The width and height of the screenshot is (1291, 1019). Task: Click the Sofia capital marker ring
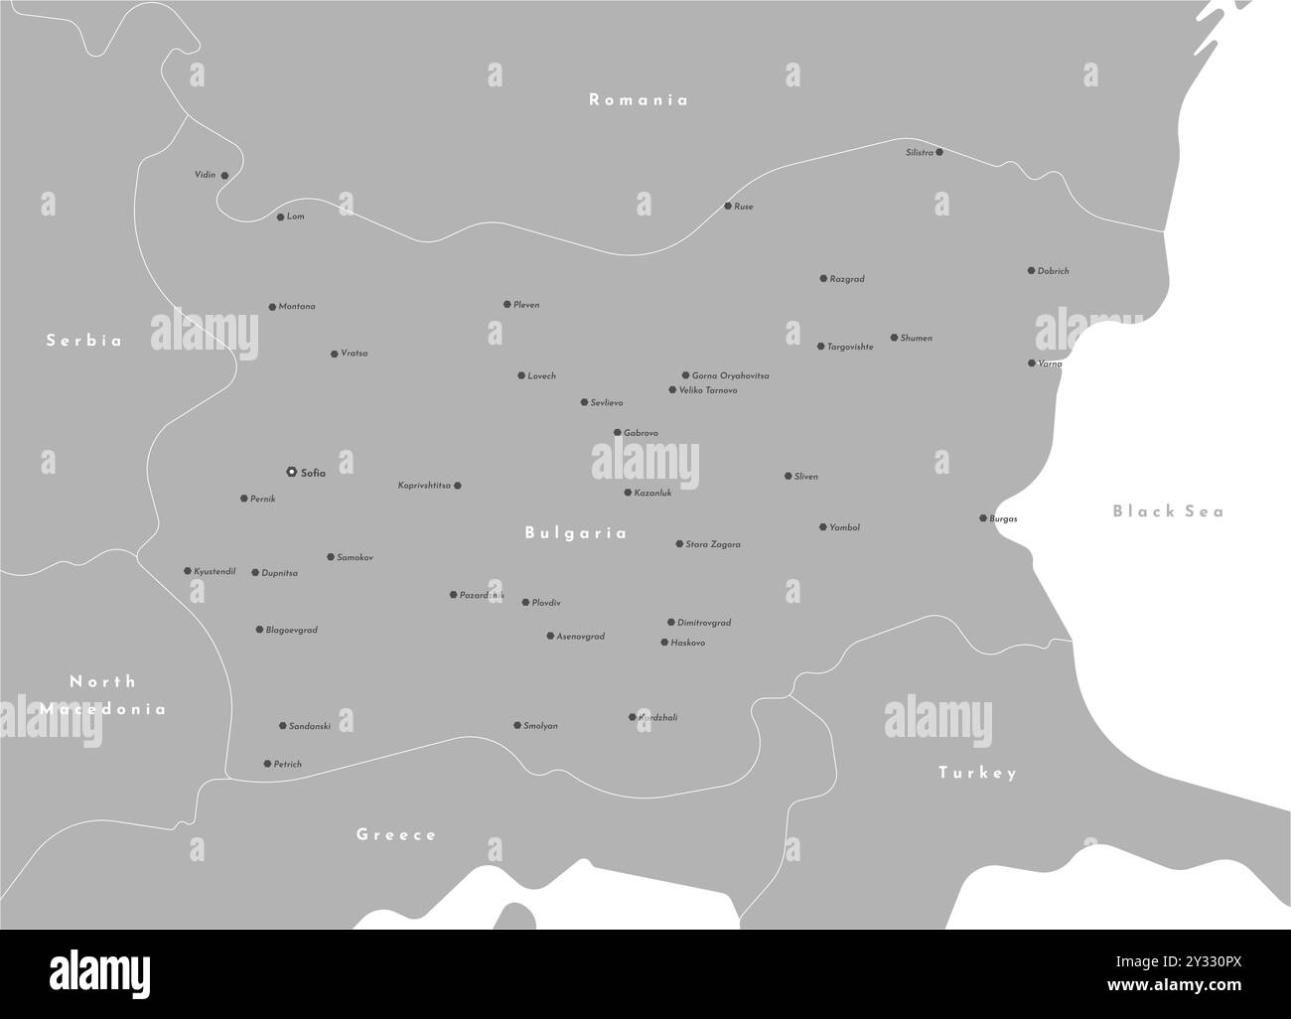(291, 472)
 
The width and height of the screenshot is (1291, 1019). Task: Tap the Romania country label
(639, 99)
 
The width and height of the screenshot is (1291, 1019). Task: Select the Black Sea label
(1168, 511)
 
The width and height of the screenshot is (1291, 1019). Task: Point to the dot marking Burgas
(983, 517)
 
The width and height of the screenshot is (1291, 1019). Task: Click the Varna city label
(1051, 364)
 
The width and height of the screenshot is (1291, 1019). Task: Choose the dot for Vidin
(224, 175)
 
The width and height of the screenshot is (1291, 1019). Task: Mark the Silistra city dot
(939, 152)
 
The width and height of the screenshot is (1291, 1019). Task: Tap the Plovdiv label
(546, 603)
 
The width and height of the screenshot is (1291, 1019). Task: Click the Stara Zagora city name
(713, 544)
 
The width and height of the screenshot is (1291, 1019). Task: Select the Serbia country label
(84, 341)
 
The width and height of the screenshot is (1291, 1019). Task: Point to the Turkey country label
(978, 773)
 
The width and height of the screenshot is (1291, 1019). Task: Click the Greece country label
(396, 834)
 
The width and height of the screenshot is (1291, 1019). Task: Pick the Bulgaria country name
(576, 533)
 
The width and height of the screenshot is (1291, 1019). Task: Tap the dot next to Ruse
(727, 206)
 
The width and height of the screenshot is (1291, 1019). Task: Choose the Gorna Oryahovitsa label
(730, 376)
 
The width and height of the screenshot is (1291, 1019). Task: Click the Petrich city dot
(266, 764)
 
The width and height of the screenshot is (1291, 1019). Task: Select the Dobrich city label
(1054, 271)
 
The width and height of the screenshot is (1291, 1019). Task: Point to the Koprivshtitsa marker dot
(457, 486)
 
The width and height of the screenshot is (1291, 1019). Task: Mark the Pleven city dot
(506, 304)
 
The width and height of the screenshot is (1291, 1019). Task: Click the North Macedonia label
(103, 695)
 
